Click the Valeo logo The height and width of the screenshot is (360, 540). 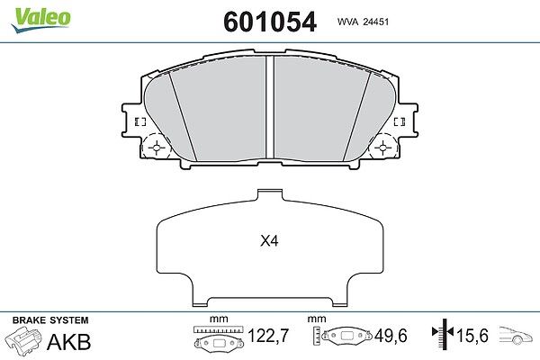40,19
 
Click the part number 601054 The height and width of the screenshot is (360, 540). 270,22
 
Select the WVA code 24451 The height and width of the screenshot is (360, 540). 363,22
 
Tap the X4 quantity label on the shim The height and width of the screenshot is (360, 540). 269,241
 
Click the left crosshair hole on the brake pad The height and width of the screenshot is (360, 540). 157,148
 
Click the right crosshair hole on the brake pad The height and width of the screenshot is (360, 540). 383,148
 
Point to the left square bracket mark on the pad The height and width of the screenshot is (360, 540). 140,121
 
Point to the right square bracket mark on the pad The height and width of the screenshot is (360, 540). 400,121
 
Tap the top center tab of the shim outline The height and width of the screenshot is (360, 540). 270,194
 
